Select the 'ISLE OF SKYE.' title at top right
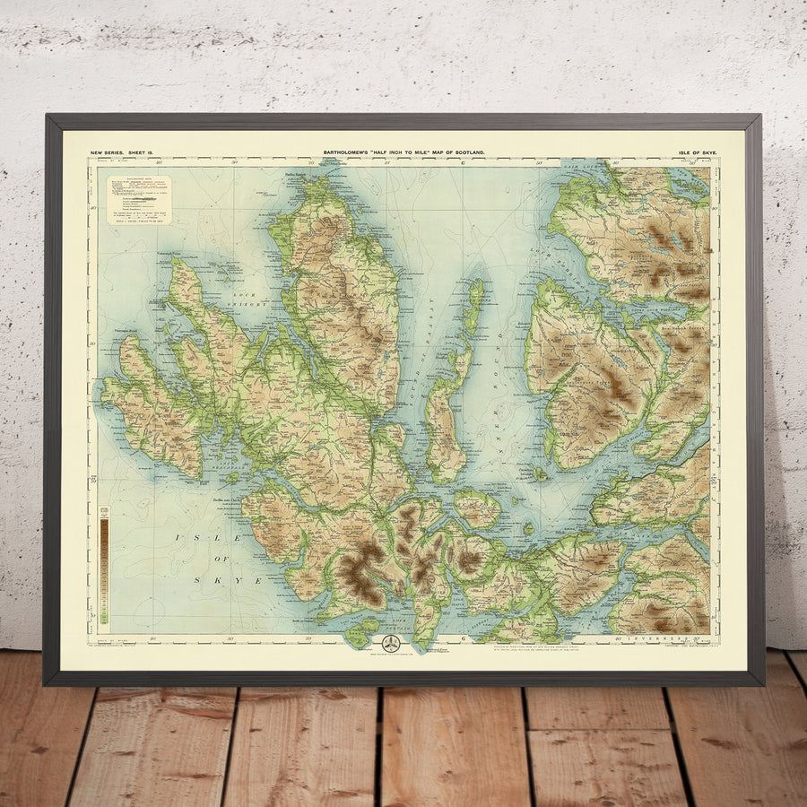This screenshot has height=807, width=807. [698, 154]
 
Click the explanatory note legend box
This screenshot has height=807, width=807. [139, 199]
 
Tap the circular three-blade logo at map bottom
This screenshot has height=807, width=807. [392, 644]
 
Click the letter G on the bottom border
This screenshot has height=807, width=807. [462, 638]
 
